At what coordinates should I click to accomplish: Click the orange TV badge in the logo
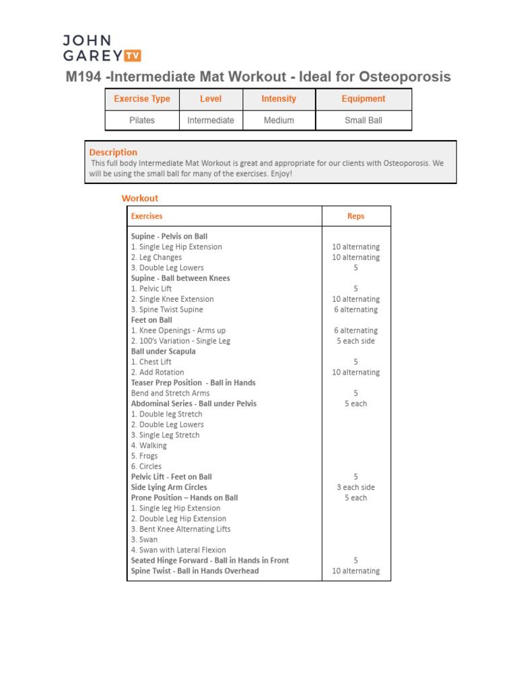point(132,56)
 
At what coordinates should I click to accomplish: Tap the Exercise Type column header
point(142,99)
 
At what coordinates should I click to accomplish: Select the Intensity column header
point(279,99)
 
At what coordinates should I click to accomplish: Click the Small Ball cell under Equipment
point(364,121)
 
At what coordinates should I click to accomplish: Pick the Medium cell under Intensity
point(279,121)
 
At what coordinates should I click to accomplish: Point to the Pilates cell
point(142,121)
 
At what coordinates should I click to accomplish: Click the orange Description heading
point(113,152)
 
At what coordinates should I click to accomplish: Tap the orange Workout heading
point(140,198)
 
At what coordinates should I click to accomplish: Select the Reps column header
point(356,216)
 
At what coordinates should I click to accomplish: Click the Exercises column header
point(147,216)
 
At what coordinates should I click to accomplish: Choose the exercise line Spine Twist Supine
point(167,310)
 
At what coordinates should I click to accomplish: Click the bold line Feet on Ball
point(151,320)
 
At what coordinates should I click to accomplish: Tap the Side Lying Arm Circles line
point(169,487)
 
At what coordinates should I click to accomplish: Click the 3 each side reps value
point(356,487)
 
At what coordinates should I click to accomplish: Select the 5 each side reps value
point(356,341)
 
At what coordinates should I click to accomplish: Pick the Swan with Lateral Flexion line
point(178,550)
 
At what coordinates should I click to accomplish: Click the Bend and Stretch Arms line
point(170,394)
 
